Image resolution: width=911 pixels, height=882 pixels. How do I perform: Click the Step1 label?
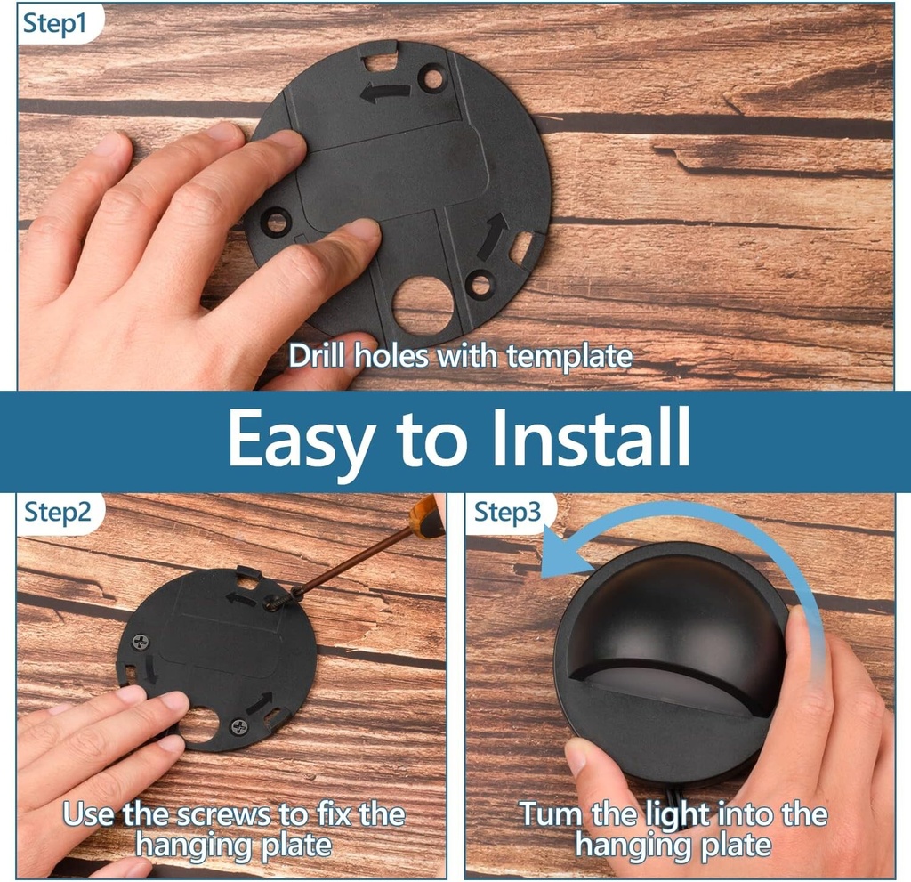[54, 24]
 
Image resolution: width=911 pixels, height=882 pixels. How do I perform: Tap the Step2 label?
[58, 512]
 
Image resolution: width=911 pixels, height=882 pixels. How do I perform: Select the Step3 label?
[507, 513]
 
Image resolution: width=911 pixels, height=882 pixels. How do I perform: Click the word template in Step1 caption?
[568, 356]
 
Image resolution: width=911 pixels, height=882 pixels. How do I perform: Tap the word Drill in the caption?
[318, 354]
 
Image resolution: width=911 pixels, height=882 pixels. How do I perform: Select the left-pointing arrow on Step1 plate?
[385, 93]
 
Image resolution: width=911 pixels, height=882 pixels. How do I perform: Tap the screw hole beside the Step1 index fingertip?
[276, 222]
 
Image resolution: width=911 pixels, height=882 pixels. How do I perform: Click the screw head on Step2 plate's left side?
[141, 643]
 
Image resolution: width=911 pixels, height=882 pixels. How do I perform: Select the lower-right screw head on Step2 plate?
[239, 726]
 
